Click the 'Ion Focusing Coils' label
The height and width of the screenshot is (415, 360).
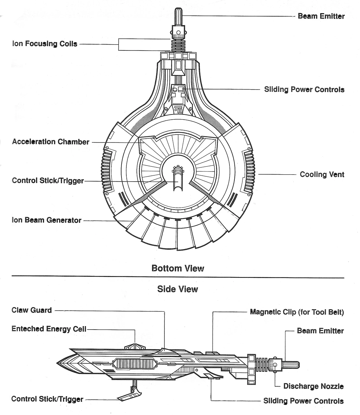click(x=45, y=44)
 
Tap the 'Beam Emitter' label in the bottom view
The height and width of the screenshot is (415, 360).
click(x=321, y=16)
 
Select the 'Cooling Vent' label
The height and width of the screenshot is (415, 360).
click(x=322, y=174)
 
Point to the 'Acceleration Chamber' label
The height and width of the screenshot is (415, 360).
click(x=51, y=142)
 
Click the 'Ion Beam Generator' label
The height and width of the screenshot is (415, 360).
click(x=47, y=220)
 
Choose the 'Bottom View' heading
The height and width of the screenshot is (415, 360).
click(x=178, y=268)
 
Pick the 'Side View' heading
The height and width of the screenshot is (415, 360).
click(x=178, y=289)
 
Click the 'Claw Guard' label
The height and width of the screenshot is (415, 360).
click(x=31, y=310)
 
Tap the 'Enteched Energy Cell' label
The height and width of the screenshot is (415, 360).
click(x=49, y=329)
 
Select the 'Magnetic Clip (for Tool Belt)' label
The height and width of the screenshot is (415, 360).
click(x=297, y=312)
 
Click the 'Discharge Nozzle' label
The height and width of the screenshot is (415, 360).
click(x=313, y=386)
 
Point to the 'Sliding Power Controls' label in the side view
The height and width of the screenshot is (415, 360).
click(x=304, y=401)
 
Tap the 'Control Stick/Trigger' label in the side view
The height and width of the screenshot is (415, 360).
click(x=47, y=399)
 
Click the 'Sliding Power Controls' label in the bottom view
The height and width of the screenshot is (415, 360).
click(x=304, y=90)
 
